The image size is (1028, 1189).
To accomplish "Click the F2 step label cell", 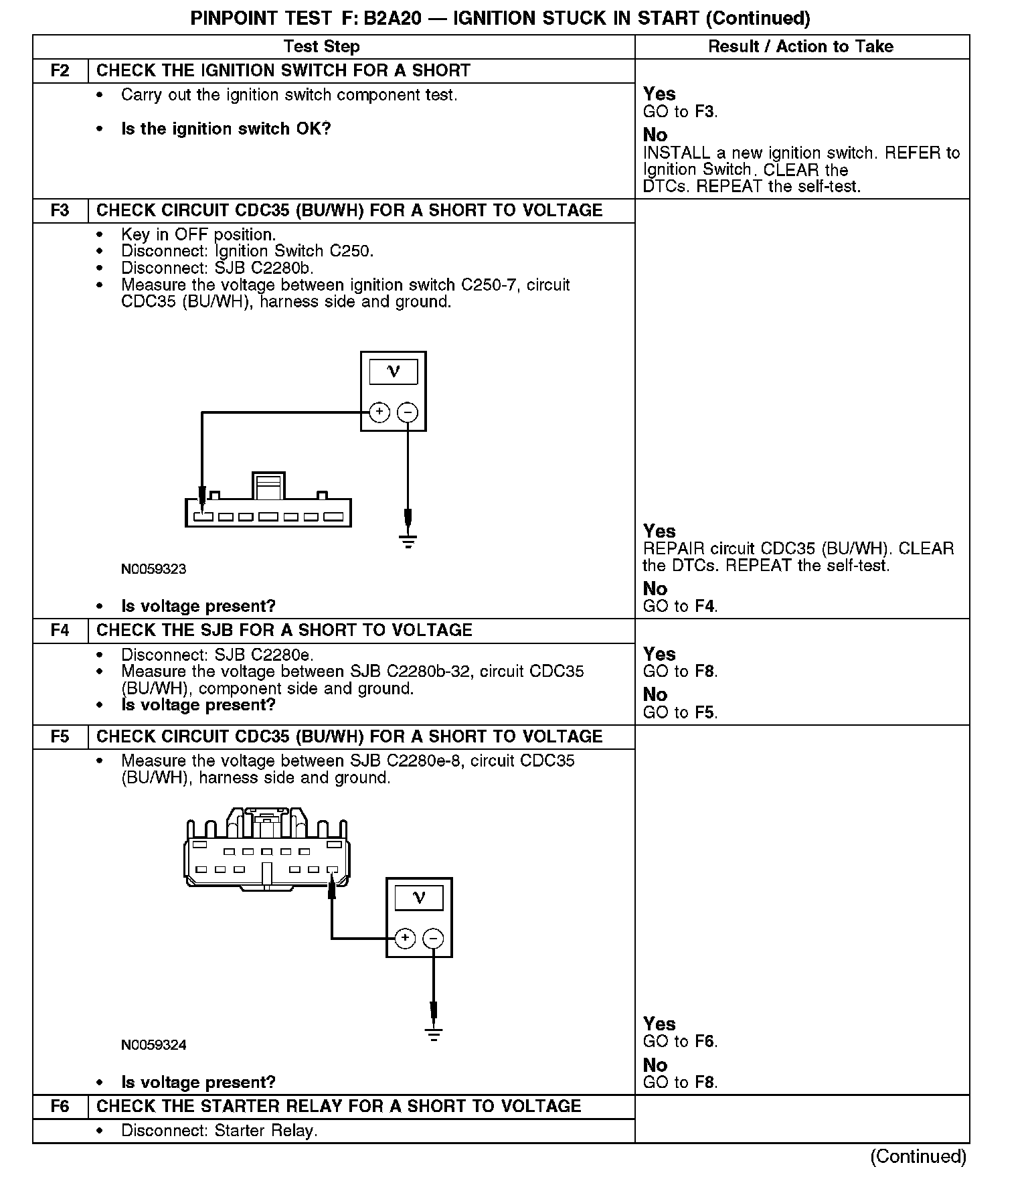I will (60, 71).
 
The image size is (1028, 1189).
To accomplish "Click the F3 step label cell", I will (60, 211).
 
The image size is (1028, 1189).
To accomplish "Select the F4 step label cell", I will (60, 631).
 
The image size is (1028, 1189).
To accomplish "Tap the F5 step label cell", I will (60, 737).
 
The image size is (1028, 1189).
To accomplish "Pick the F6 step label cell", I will (60, 1107).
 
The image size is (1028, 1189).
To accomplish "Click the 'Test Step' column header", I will (321, 47).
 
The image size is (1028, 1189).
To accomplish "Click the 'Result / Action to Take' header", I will (800, 47).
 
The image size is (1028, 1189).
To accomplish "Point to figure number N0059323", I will (154, 570).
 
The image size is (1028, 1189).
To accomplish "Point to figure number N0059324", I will (154, 1045).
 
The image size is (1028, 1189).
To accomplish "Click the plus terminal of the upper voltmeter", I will (379, 412).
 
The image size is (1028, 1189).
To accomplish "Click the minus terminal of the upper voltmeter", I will (408, 412).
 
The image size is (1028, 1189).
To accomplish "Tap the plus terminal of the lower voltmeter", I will (405, 939).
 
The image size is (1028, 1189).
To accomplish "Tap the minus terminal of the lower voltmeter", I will (434, 939).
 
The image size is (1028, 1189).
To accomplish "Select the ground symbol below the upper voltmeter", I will (408, 541).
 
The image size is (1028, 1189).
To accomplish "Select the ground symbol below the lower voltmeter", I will (434, 1035).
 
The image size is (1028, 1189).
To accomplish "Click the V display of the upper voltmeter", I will (394, 372).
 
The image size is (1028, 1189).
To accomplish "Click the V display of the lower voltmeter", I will (419, 898).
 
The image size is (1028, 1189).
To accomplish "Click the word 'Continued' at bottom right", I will (918, 1157).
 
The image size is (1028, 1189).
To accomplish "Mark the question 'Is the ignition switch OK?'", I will (226, 129).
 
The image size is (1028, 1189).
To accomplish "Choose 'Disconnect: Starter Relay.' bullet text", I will (220, 1131).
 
